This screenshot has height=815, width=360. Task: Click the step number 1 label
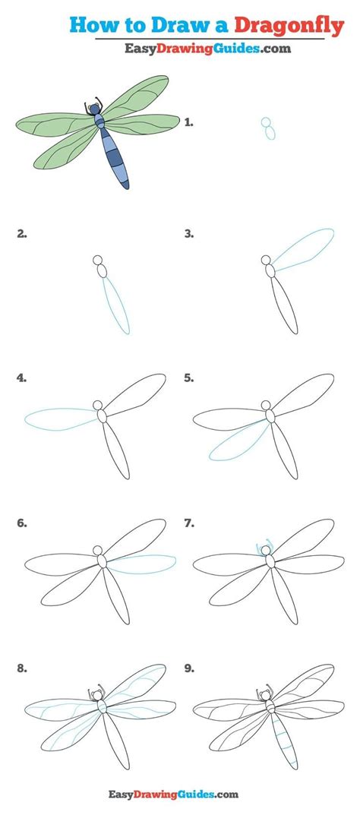click(x=190, y=122)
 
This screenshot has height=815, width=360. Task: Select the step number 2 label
click(x=22, y=235)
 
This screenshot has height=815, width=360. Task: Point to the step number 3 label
click(x=190, y=235)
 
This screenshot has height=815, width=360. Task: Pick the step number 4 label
click(x=22, y=377)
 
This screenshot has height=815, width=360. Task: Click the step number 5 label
click(x=190, y=377)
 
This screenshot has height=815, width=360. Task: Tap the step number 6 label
click(x=22, y=523)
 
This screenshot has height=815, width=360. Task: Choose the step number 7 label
click(x=190, y=523)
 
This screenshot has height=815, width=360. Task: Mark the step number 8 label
click(x=22, y=669)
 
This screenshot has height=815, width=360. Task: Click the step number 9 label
click(x=190, y=669)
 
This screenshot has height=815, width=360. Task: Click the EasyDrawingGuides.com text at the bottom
click(x=179, y=794)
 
